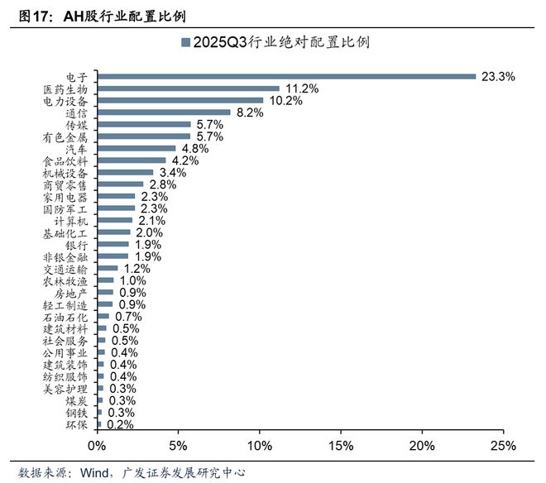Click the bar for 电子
pos(286,76)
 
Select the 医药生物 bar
pos(189,88)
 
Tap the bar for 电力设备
pos(180,100)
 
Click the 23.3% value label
pos(499,76)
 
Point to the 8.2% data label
pos(250,112)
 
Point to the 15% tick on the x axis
pos(342,446)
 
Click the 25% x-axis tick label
pos(504,446)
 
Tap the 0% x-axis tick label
pos(98,446)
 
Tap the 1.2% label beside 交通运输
pos(136,270)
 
